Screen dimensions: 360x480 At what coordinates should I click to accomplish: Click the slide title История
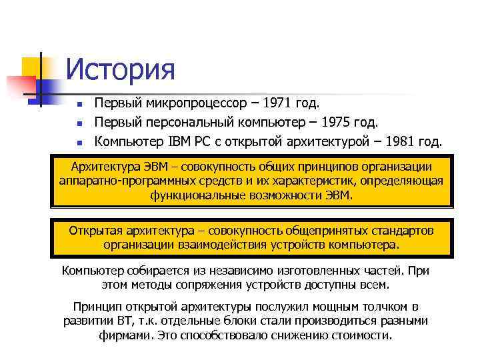[x=121, y=70]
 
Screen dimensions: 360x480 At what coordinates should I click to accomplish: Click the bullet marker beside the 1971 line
[x=78, y=105]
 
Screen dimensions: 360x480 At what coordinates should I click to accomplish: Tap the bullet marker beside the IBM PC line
[x=78, y=142]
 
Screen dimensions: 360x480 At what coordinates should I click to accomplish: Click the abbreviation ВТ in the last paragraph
[x=125, y=321]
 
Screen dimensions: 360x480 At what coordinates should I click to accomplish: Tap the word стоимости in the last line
[x=363, y=335]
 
